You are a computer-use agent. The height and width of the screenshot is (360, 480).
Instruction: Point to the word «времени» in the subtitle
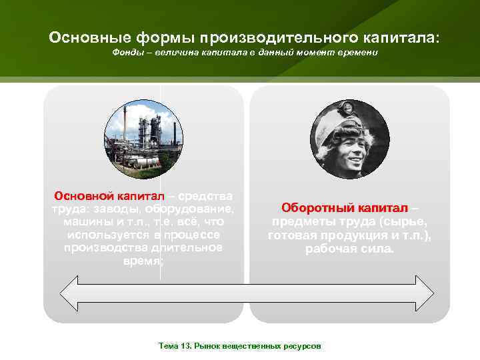(x=359, y=52)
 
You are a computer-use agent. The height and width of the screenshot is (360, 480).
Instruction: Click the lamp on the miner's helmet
(x=347, y=107)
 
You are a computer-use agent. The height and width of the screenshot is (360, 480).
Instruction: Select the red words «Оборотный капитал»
(x=341, y=208)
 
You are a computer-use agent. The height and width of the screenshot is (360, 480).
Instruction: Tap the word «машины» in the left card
(x=85, y=222)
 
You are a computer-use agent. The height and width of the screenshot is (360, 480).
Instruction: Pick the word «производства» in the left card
(x=99, y=248)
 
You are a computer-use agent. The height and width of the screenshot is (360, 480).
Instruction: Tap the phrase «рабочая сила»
(x=349, y=249)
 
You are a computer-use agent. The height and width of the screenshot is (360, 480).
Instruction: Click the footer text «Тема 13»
(x=174, y=347)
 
